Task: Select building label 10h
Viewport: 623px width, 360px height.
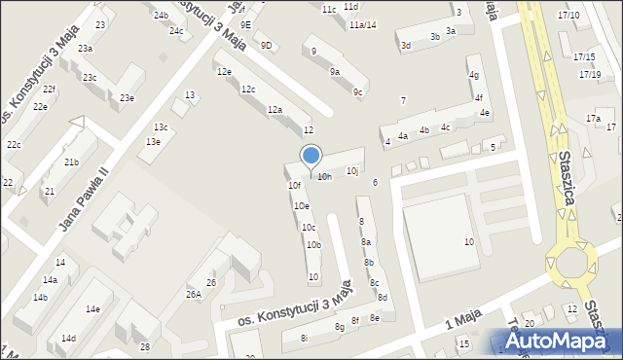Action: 324,177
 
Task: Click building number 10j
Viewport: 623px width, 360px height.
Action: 352,171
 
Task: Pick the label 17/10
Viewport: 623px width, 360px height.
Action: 568,16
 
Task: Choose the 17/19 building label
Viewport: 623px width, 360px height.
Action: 589,74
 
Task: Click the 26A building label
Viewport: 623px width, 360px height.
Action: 194,294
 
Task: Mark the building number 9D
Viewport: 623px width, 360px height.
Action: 267,45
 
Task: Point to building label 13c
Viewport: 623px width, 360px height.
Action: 161,127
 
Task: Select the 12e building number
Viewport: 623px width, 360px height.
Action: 224,72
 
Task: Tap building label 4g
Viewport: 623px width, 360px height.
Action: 474,75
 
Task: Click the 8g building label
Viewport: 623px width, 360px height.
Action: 340,327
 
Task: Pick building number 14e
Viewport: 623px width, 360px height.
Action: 92,309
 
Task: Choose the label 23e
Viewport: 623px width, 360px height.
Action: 127,97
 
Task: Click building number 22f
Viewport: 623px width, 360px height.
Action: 50,90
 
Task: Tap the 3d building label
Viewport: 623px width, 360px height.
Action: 406,45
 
